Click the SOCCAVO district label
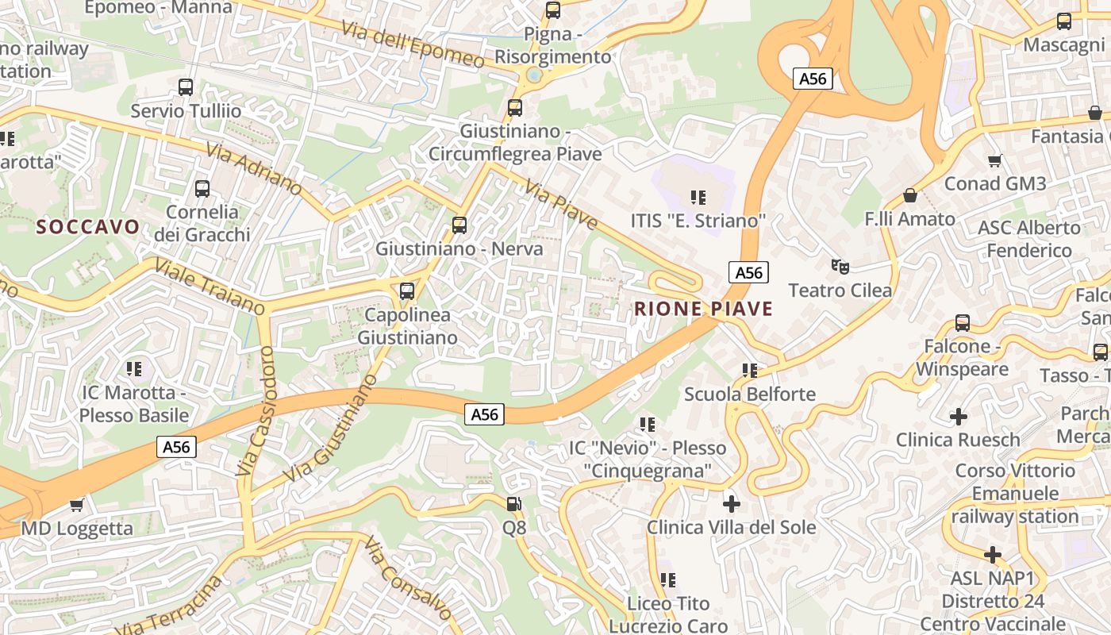point(88,227)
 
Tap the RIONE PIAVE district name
point(703,309)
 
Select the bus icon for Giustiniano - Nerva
point(459,225)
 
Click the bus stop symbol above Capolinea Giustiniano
point(407,291)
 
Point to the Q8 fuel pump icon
point(514,503)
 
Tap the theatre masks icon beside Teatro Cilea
point(840,266)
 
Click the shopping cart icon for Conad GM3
point(994,161)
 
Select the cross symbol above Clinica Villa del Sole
point(732,503)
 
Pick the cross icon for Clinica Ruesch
point(959,416)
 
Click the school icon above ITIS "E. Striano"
point(698,197)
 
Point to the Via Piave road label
point(560,203)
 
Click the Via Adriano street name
point(254,169)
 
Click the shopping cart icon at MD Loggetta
point(77,505)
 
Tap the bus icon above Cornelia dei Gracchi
point(202,189)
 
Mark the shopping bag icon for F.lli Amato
point(910,195)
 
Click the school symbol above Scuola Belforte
point(750,370)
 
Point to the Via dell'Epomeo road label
point(413,44)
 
